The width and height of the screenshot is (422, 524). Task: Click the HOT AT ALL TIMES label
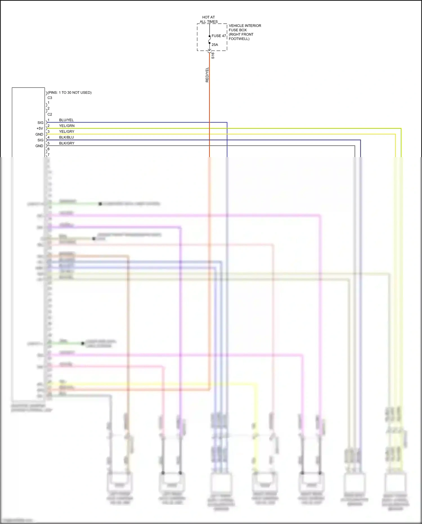click(208, 19)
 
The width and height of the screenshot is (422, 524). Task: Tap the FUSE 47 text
click(219, 36)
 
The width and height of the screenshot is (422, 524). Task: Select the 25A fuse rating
click(215, 44)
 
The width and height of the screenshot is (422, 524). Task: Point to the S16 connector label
click(213, 55)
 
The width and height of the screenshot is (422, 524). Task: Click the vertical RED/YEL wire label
click(207, 75)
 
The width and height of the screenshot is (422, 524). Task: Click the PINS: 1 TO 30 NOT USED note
click(69, 92)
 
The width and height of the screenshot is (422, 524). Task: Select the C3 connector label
click(50, 98)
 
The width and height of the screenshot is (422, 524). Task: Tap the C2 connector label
click(50, 114)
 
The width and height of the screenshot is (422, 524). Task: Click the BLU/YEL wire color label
click(66, 120)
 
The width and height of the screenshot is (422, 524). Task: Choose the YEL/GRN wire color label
click(67, 126)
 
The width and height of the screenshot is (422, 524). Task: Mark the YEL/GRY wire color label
click(67, 131)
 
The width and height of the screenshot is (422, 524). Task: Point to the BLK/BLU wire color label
click(66, 137)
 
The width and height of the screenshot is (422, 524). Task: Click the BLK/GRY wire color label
click(67, 143)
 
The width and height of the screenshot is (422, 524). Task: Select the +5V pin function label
click(40, 128)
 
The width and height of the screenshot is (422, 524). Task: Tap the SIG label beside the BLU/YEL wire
click(41, 123)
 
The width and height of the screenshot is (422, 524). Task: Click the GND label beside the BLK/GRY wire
click(39, 146)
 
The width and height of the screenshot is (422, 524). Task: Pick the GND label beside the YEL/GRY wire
click(39, 134)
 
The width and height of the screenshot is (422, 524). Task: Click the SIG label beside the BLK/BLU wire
click(41, 140)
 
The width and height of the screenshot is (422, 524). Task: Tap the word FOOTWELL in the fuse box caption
click(239, 39)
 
